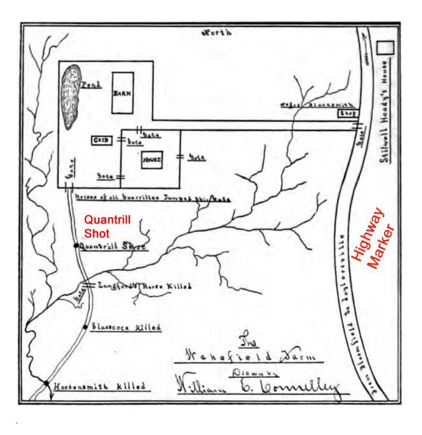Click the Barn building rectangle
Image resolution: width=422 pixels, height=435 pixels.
coord(123,92)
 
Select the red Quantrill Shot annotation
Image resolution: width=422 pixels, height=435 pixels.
coord(106,227)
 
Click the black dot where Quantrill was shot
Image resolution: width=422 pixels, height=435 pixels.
coord(76,245)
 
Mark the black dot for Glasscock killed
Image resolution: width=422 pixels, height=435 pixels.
coord(85,327)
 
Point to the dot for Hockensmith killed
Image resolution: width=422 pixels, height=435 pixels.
coord(46,382)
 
